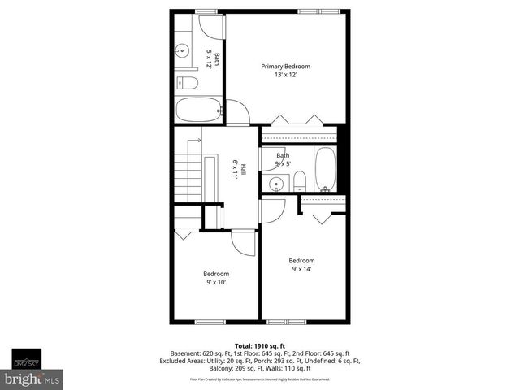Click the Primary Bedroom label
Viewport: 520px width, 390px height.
pyautogui.click(x=285, y=67)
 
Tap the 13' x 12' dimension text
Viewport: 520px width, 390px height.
pyautogui.click(x=285, y=76)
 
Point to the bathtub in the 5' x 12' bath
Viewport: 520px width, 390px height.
pyautogui.click(x=197, y=110)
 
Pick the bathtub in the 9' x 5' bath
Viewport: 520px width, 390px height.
pyautogui.click(x=326, y=169)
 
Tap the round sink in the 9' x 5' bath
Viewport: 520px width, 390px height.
pyautogui.click(x=275, y=184)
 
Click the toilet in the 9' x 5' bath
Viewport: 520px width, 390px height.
pyautogui.click(x=299, y=180)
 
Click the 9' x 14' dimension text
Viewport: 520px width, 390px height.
pyautogui.click(x=302, y=270)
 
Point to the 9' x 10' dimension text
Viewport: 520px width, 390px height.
pyautogui.click(x=215, y=283)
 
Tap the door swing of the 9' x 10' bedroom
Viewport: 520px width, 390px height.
pyautogui.click(x=242, y=242)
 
